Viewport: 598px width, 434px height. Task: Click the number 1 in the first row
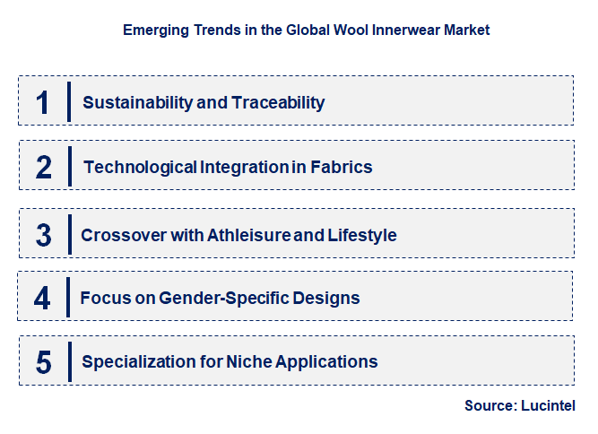43,101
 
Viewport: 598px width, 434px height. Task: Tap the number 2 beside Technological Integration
44,167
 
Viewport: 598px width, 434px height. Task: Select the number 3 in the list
44,235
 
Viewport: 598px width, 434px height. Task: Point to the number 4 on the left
43,298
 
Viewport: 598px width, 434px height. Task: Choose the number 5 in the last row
44,362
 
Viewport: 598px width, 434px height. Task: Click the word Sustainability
137,102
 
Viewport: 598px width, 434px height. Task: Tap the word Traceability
278,102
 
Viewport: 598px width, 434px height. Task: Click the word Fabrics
343,167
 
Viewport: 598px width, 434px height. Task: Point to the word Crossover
121,235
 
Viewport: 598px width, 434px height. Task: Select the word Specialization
137,362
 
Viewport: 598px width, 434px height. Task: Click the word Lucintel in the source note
548,405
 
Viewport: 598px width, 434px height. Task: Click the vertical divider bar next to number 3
69,234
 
